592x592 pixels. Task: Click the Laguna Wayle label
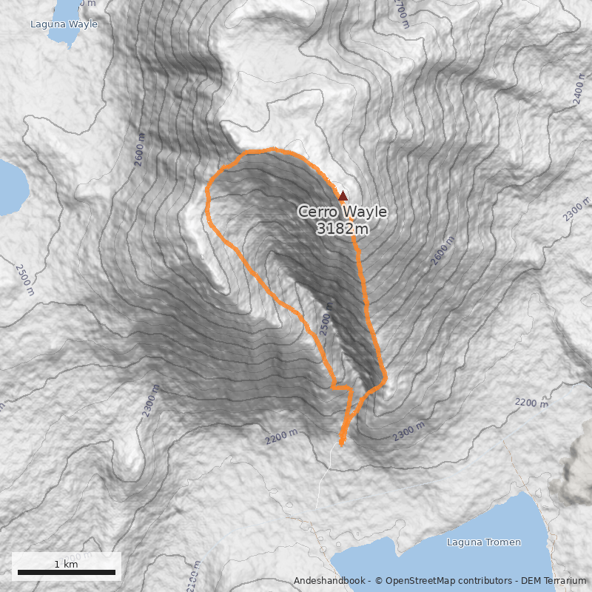pyautogui.click(x=64, y=24)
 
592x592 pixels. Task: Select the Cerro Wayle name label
pyautogui.click(x=342, y=212)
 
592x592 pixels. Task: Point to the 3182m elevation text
pyautogui.click(x=342, y=229)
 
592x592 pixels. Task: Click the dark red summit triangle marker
pyautogui.click(x=342, y=196)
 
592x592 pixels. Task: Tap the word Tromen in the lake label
pyautogui.click(x=503, y=542)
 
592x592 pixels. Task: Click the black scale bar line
pyautogui.click(x=66, y=572)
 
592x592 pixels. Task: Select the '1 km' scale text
pyautogui.click(x=66, y=564)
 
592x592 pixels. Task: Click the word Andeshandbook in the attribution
pyautogui.click(x=330, y=581)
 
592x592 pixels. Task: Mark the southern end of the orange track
pyautogui.click(x=341, y=444)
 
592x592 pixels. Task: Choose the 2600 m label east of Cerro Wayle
pyautogui.click(x=440, y=254)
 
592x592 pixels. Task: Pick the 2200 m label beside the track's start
pyautogui.click(x=282, y=437)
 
